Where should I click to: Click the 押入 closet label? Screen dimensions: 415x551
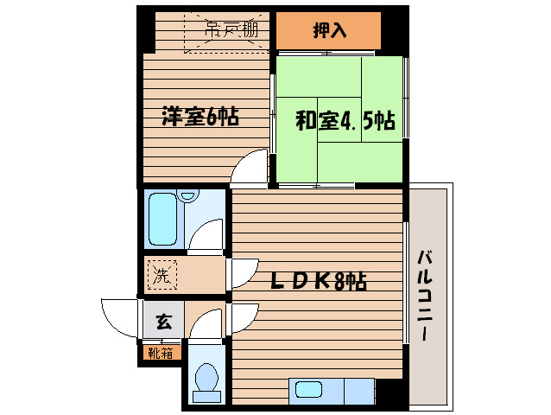[x=329, y=31]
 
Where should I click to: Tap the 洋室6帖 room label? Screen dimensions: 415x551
[x=199, y=117]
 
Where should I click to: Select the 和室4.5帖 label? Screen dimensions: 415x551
[x=345, y=121]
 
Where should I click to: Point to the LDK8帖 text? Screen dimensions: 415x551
[x=320, y=281]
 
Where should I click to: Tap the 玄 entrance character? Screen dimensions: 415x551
[x=162, y=322]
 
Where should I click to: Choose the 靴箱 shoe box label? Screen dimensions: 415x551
[x=161, y=352]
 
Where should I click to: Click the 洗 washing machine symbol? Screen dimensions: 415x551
[x=161, y=278]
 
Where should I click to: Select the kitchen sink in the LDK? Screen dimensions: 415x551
[x=308, y=390]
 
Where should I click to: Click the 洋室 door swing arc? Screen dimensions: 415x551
[x=252, y=167]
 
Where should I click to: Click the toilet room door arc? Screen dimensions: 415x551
[x=207, y=326]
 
